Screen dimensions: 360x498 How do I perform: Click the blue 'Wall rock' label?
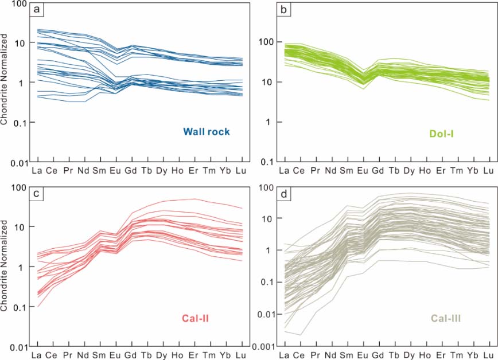click(x=207, y=131)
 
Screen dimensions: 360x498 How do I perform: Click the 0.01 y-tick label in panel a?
click(x=21, y=164)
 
